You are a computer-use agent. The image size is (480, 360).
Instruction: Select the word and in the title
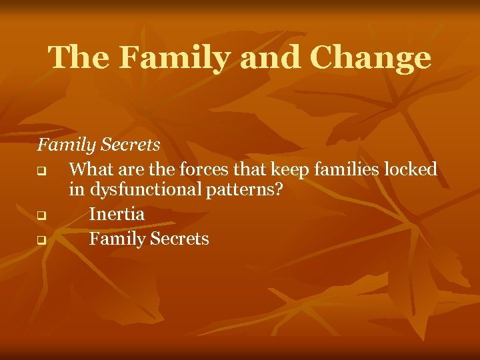270,59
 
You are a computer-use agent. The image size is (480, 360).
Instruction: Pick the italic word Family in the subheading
66,145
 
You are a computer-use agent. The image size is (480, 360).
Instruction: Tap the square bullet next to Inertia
41,216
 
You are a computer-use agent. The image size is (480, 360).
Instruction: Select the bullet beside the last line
41,240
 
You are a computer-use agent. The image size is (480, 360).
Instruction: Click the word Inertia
117,214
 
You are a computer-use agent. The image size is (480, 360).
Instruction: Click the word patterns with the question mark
243,190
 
